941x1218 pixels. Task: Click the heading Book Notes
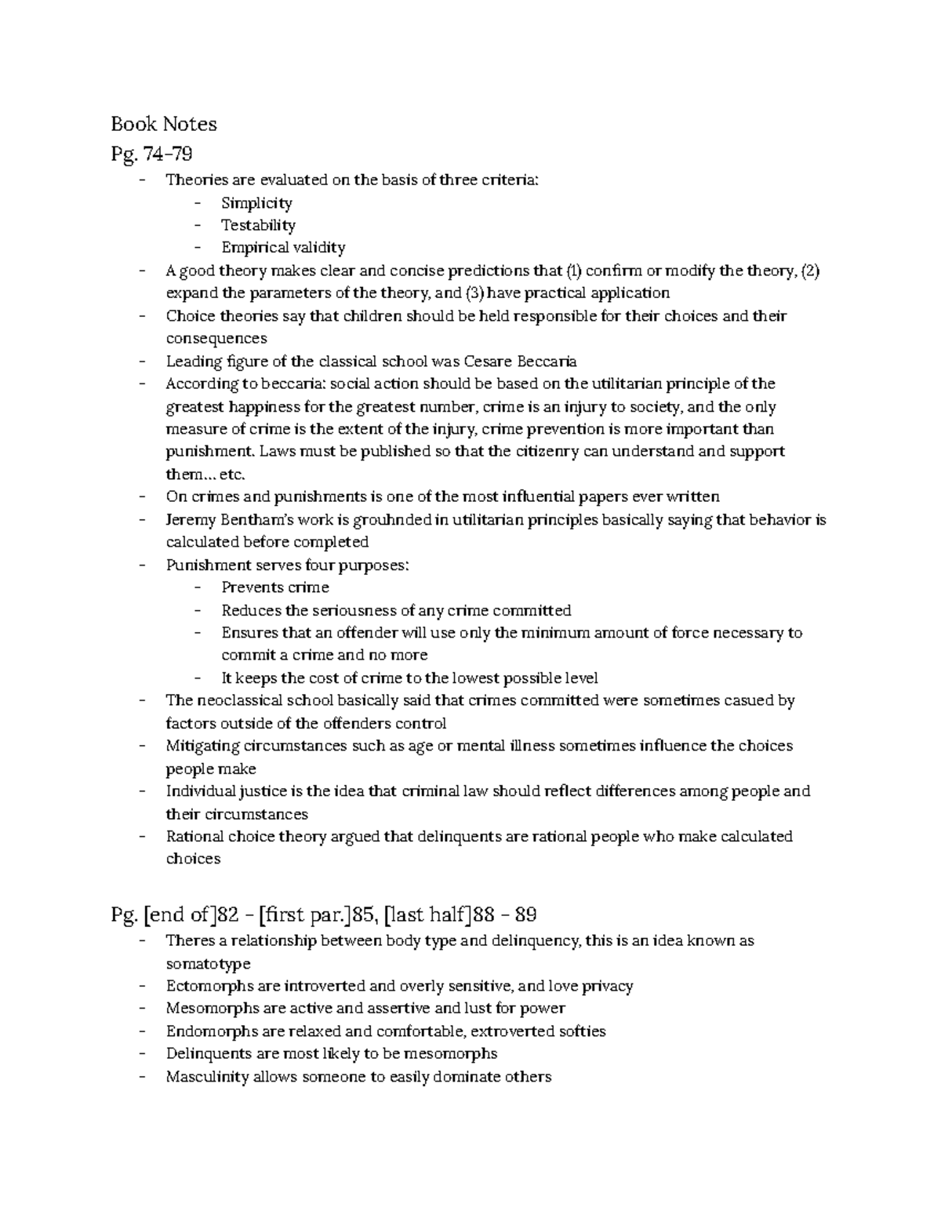[x=163, y=124]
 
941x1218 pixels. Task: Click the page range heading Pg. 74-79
[x=151, y=152]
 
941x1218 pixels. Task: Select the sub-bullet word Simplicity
[x=256, y=203]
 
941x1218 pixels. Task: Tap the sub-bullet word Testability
[x=258, y=225]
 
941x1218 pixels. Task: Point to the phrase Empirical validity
[x=283, y=248]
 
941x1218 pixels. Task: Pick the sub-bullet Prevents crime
[x=274, y=587]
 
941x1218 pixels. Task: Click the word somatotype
[x=208, y=963]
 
